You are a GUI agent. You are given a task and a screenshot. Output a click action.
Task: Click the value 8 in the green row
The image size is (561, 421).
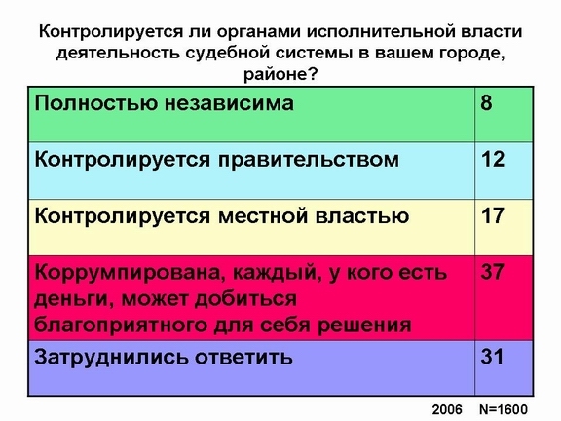click(487, 102)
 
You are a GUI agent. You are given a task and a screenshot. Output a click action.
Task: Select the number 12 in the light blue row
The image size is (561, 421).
click(493, 159)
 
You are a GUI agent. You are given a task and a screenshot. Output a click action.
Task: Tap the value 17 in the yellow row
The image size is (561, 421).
click(493, 215)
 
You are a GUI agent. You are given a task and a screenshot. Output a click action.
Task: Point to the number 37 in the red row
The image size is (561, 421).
click(493, 272)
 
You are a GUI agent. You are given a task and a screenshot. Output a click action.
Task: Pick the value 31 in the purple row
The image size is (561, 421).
click(492, 357)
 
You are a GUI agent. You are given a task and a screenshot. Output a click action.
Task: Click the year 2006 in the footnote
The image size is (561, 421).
click(447, 409)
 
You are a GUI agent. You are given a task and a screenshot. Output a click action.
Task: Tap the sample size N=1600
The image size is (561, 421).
click(504, 409)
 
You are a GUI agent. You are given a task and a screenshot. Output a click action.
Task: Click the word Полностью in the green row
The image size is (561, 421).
click(95, 103)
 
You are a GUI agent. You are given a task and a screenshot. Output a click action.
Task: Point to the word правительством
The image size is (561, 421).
click(309, 160)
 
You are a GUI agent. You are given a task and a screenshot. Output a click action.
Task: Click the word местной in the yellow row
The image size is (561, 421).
click(263, 216)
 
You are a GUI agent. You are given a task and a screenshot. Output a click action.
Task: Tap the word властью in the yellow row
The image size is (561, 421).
click(362, 216)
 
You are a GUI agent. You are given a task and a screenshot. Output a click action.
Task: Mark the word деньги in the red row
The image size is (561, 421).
click(74, 299)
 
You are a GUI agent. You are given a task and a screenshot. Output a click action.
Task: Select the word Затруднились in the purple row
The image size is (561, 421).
click(111, 358)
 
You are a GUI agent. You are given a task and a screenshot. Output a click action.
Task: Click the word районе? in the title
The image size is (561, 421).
click(280, 75)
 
